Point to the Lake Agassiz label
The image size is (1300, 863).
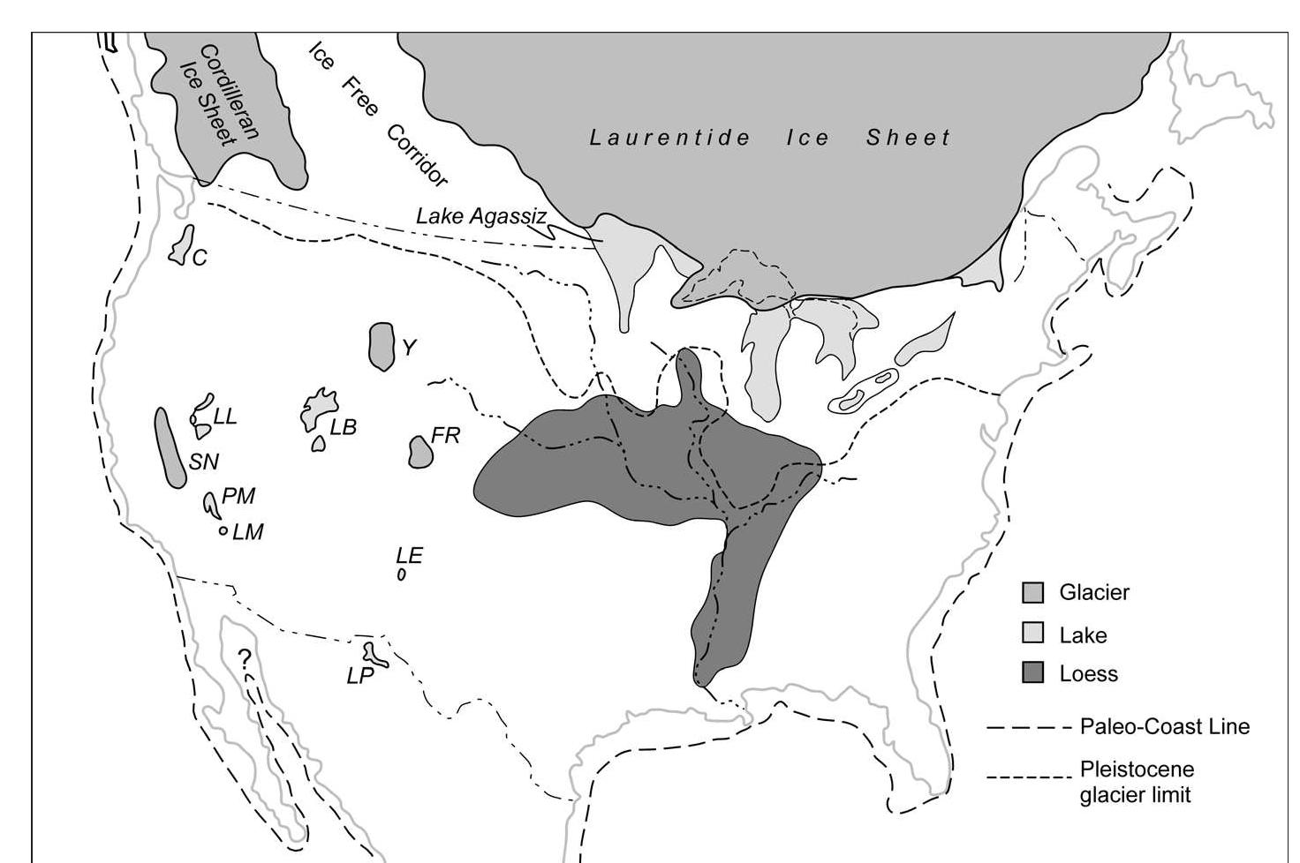pos(481,215)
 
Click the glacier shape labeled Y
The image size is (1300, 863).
pos(382,346)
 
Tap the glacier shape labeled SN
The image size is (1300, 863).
pos(170,447)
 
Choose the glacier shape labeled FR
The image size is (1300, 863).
pos(420,452)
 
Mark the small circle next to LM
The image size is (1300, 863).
pos(223,531)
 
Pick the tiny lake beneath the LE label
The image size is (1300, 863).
pos(402,574)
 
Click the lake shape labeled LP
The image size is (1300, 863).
pos(377,654)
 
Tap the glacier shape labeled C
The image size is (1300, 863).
pos(183,244)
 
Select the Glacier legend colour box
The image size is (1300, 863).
pos(1032,592)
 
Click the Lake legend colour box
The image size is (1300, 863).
pos(1032,634)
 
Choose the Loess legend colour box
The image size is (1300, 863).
pos(1032,673)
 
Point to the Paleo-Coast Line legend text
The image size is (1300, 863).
pos(1164,727)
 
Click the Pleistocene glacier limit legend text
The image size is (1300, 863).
pos(1136,781)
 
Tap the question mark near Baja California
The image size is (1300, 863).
pos(245,657)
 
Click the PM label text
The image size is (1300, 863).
pos(238,496)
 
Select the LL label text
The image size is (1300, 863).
pos(226,416)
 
